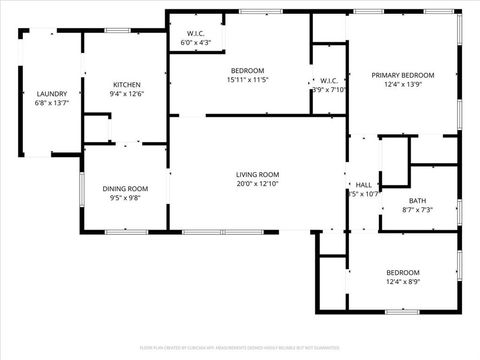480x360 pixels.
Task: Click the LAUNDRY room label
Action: pyautogui.click(x=51, y=93)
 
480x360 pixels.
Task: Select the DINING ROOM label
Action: pyautogui.click(x=125, y=188)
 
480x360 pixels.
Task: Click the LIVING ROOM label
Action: pyautogui.click(x=243, y=174)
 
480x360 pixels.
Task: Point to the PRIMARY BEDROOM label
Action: pyautogui.click(x=403, y=75)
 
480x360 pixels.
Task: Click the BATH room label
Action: pyautogui.click(x=417, y=200)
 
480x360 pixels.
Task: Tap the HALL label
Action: pyautogui.click(x=363, y=184)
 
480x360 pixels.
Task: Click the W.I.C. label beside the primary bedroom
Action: pyautogui.click(x=328, y=79)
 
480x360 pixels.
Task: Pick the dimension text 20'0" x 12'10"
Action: pyautogui.click(x=243, y=184)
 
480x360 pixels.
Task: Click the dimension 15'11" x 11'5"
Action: pyautogui.click(x=247, y=80)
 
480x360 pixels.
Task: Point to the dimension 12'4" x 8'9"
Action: pyautogui.click(x=403, y=282)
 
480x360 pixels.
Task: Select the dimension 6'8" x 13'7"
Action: pyautogui.click(x=51, y=103)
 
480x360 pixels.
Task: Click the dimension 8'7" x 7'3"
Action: pyautogui.click(x=417, y=210)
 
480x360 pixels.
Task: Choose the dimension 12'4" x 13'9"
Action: pyautogui.click(x=403, y=85)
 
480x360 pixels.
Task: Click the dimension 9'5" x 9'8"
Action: pyautogui.click(x=125, y=198)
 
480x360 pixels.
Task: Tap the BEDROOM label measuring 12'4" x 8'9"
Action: pyautogui.click(x=403, y=272)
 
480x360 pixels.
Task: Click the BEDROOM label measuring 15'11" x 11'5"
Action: pyautogui.click(x=247, y=70)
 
